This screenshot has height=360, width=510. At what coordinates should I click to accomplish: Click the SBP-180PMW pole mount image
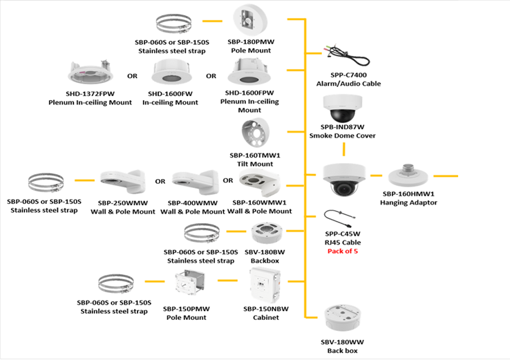tap(252, 20)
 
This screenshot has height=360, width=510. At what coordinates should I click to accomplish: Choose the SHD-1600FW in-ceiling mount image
tap(169, 74)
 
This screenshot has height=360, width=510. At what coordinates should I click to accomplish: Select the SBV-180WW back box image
tap(342, 321)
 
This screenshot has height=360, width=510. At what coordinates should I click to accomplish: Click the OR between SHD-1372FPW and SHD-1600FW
tap(131, 76)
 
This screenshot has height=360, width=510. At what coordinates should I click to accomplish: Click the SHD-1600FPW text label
tap(249, 93)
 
